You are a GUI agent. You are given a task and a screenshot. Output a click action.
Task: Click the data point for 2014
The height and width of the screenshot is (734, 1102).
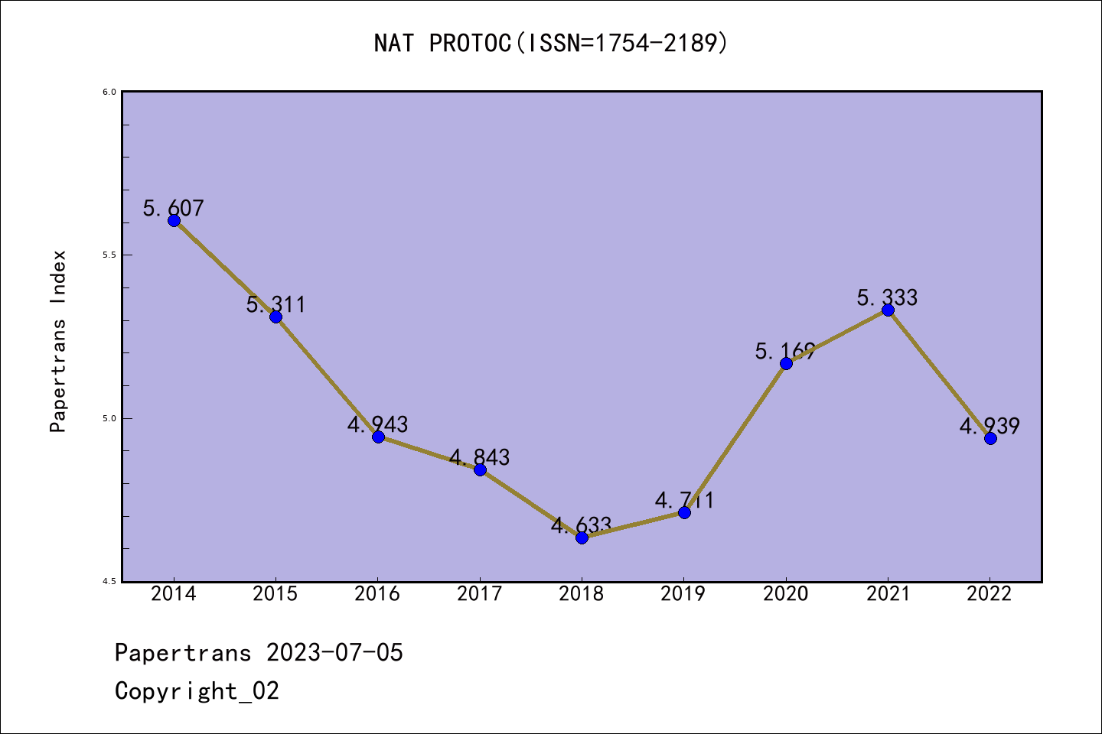(174, 221)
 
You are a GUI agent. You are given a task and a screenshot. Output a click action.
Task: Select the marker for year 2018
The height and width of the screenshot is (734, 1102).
(582, 538)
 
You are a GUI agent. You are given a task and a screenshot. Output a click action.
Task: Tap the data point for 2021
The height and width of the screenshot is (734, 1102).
(888, 310)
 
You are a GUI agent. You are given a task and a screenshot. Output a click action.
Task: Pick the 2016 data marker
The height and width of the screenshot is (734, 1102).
(378, 437)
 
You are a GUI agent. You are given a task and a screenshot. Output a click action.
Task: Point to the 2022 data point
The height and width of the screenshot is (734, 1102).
(990, 438)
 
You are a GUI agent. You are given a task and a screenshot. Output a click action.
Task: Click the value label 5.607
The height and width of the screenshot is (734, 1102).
(174, 208)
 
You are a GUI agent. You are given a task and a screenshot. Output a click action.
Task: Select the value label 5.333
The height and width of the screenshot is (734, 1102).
(887, 297)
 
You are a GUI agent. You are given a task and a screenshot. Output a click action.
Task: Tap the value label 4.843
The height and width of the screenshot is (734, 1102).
(479, 457)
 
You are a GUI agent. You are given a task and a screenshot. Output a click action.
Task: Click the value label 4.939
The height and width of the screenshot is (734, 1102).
(990, 426)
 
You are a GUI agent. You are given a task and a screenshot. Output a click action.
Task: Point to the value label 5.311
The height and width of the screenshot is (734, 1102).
(275, 304)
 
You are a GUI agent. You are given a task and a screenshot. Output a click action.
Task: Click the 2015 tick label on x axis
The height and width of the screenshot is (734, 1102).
(275, 594)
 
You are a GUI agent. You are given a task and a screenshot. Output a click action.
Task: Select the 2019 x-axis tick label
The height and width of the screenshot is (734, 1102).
(683, 594)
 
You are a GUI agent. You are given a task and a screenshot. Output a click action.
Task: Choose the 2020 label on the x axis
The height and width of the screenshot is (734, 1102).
(786, 594)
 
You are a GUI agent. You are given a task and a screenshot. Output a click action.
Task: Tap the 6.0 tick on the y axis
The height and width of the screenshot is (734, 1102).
(109, 92)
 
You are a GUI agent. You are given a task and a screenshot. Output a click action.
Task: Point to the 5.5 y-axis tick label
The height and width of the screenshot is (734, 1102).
(109, 255)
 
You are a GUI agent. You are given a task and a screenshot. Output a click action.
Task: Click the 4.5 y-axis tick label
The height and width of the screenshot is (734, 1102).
(109, 582)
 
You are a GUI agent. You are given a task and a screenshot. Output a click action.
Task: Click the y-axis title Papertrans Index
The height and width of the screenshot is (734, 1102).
(58, 341)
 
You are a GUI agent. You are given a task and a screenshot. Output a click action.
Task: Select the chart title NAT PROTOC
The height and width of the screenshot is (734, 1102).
(551, 44)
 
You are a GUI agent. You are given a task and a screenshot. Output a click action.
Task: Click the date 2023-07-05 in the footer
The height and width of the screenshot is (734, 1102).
(334, 653)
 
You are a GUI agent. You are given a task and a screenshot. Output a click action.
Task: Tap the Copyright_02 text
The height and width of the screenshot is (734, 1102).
(197, 691)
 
